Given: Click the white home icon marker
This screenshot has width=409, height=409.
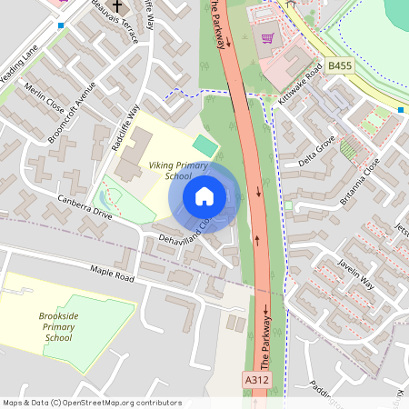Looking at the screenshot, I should tap(204, 195).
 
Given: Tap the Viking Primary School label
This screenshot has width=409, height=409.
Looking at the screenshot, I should tap(179, 171).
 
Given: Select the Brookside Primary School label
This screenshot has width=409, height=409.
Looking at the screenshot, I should tap(58, 326).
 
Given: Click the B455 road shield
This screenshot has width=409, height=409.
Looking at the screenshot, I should tap(340, 66).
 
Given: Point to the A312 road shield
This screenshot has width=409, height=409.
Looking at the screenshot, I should tap(257, 379).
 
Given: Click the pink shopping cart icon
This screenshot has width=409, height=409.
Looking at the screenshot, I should tap(268, 38).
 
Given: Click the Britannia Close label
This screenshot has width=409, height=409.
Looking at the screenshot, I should tap(360, 180).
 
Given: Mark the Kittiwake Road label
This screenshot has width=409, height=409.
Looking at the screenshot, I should tap(301, 84).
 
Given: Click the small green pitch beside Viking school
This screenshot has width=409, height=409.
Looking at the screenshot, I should tap(206, 145).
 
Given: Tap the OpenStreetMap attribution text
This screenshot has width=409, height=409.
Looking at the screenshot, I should tap(92, 403).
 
